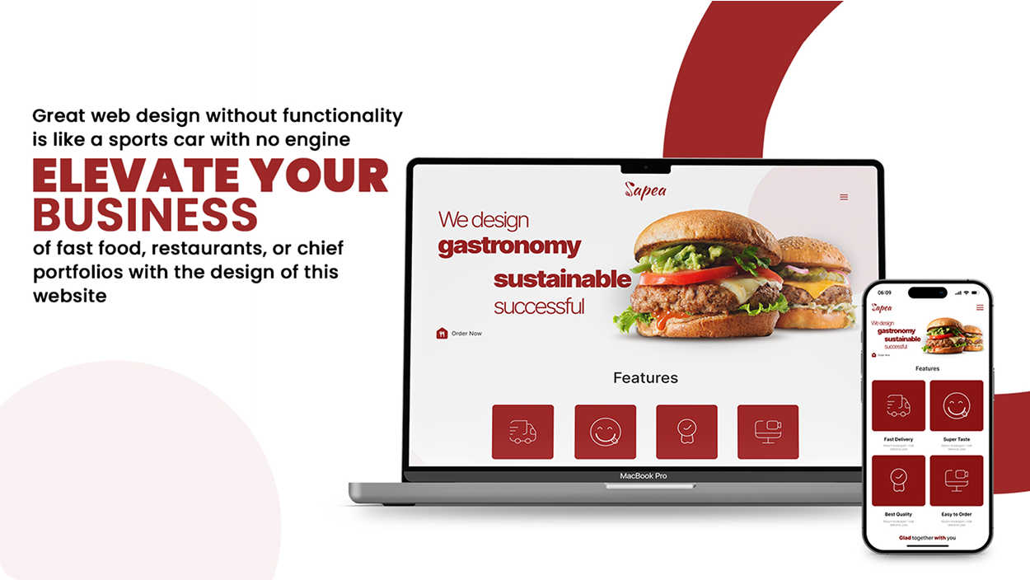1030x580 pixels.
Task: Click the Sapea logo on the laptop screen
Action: pyautogui.click(x=645, y=190)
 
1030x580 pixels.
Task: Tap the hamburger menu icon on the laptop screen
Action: pyautogui.click(x=844, y=197)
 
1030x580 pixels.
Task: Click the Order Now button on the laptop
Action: pyautogui.click(x=460, y=334)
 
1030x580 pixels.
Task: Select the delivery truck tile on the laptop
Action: pyautogui.click(x=522, y=432)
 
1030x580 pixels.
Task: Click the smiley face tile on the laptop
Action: pyautogui.click(x=605, y=432)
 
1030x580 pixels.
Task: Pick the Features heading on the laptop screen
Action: pyautogui.click(x=645, y=378)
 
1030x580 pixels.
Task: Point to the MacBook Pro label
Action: pyautogui.click(x=644, y=476)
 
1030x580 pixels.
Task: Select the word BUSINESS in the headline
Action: pyautogui.click(x=145, y=213)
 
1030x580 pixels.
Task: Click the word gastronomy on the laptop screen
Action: pyautogui.click(x=509, y=246)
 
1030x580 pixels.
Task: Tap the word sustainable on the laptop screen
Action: pyautogui.click(x=562, y=279)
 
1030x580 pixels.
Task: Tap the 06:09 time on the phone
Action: pyautogui.click(x=884, y=292)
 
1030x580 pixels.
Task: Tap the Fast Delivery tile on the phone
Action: pyautogui.click(x=898, y=405)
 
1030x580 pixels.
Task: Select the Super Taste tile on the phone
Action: pyautogui.click(x=956, y=405)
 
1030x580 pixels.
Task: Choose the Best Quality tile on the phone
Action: pyautogui.click(x=898, y=481)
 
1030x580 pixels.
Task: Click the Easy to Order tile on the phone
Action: pyautogui.click(x=956, y=481)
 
